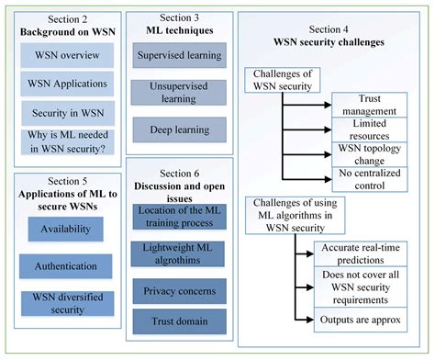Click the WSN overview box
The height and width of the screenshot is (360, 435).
point(66,54)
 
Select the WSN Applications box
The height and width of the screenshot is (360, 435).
point(66,83)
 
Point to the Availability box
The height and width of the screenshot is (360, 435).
point(66,231)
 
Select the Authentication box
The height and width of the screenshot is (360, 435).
point(66,267)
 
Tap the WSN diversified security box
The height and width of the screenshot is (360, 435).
point(66,303)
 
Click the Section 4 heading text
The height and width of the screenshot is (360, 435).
point(333,29)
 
